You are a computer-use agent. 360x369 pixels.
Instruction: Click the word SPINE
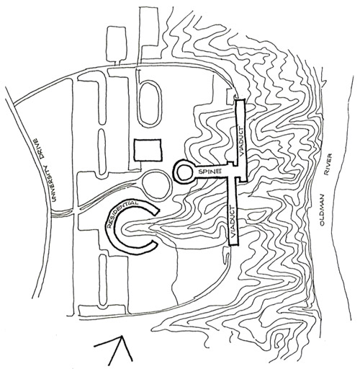click(209, 172)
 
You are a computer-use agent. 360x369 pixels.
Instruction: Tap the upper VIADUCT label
click(242, 141)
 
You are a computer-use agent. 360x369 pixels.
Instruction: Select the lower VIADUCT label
click(233, 221)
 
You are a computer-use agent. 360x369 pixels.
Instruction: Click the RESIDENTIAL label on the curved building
click(120, 213)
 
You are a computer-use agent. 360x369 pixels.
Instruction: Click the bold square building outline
click(148, 150)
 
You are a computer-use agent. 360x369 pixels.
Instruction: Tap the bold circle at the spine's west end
click(184, 172)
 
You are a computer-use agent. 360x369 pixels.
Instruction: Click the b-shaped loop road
click(149, 101)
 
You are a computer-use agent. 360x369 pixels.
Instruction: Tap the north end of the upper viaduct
click(240, 100)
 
